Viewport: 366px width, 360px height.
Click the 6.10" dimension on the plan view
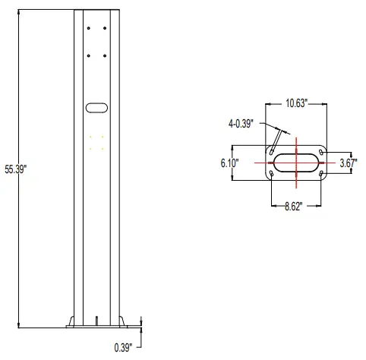pos(231,163)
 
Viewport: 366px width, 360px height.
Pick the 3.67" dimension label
pos(349,163)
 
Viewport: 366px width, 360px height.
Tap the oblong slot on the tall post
pos(97,109)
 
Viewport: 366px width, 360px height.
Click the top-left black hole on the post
pos(90,28)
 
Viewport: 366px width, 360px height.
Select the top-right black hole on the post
pos(105,28)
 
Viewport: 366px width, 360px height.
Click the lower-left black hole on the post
pos(90,55)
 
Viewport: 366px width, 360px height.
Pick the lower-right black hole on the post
pos(105,55)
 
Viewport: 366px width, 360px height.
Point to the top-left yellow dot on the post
pos(90,137)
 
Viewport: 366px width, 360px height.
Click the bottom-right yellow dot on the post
pos(104,150)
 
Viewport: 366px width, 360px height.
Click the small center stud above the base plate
pos(97,320)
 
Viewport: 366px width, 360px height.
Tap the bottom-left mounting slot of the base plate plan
pos(271,175)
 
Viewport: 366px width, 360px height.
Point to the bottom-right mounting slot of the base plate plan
pos(321,175)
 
